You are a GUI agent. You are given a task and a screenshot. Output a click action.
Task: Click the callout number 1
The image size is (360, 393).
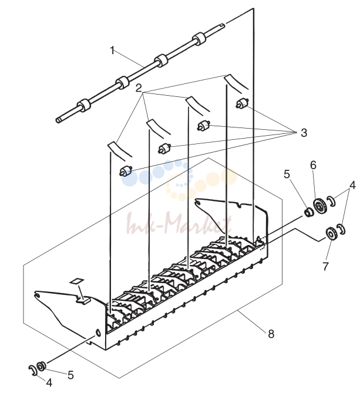click(113, 51)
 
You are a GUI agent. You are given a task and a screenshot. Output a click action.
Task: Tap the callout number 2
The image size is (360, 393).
click(139, 88)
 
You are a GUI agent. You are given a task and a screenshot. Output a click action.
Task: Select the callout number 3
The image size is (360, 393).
click(304, 133)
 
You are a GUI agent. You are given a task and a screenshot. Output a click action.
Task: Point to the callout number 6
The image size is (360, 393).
click(313, 165)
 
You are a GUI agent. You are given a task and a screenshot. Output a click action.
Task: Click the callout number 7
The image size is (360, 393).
click(325, 266)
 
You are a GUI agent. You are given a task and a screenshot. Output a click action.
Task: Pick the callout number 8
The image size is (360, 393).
click(271, 334)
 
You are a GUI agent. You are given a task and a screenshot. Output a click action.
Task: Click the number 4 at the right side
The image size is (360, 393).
click(352, 185)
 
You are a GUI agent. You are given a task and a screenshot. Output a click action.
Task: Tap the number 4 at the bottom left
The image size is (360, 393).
click(49, 382)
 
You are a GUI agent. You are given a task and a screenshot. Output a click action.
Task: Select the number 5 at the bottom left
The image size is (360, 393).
click(70, 375)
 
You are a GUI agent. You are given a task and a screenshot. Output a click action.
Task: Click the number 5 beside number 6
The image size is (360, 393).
click(287, 174)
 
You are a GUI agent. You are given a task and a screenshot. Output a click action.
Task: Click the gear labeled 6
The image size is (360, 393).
click(319, 206)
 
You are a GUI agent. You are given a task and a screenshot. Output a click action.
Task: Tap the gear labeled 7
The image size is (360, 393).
click(331, 233)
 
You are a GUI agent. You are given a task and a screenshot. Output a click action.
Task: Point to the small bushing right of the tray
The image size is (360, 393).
click(308, 212)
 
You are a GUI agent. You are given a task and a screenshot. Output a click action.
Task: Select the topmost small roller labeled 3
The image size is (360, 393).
click(243, 103)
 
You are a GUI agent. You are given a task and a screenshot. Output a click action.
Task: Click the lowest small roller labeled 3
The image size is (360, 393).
click(126, 171)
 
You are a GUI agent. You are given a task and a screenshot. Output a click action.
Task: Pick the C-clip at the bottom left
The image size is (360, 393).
click(33, 371)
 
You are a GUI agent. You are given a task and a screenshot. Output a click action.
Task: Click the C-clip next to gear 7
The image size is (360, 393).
click(341, 229)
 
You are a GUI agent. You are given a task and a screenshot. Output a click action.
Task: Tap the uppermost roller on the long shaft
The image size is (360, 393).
click(199, 39)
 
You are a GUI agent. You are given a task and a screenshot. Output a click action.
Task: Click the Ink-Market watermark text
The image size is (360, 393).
click(179, 223)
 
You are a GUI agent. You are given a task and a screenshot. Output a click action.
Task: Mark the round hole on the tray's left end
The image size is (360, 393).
click(98, 332)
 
